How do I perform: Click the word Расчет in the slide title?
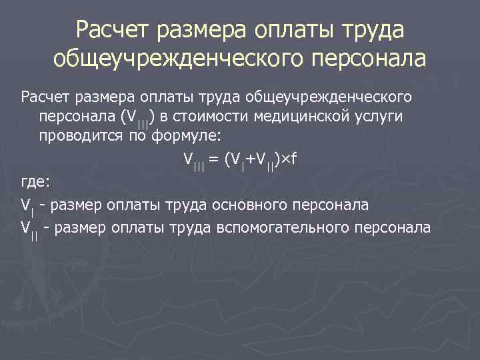point(114,30)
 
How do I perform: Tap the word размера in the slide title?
point(204,30)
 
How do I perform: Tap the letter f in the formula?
point(293,159)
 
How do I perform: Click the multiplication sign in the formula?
point(285,160)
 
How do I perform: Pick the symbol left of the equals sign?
point(193,161)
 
